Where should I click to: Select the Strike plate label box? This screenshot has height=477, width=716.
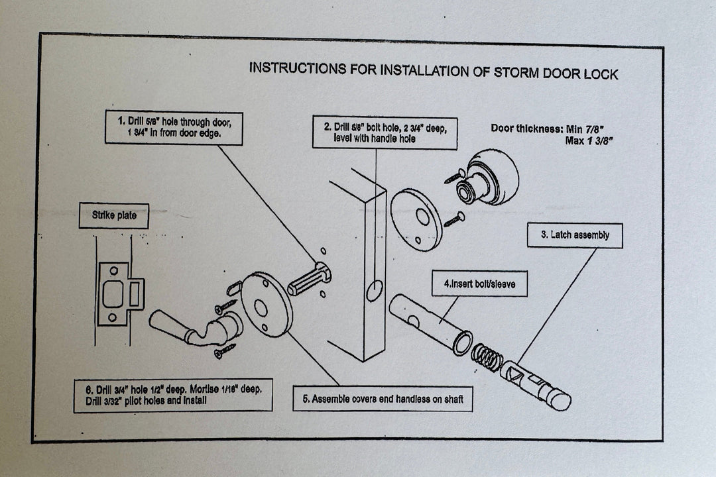113,216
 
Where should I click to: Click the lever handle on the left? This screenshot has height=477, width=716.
192,327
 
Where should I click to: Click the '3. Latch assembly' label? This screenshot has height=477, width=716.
575,235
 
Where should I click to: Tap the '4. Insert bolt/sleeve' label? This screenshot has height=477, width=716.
479,284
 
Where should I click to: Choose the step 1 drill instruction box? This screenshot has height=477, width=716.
174,128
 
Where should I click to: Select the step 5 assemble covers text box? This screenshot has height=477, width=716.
383,399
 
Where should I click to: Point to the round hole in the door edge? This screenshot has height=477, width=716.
375,290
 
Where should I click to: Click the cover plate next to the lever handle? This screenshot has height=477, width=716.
266,304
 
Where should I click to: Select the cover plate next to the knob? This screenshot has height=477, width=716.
416,219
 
